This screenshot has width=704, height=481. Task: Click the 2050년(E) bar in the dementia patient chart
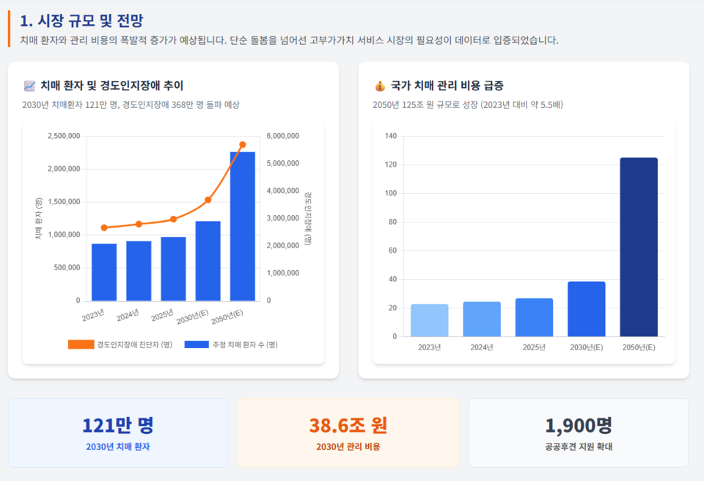pos(242,226)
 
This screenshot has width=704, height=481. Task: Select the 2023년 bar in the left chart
pos(104,272)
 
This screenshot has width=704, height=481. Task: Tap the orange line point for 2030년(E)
pos(208,200)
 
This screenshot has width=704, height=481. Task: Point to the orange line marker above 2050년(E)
pos(243,145)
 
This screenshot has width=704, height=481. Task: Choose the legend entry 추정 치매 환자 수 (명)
pos(231,344)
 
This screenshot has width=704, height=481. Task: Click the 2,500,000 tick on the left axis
pos(64,136)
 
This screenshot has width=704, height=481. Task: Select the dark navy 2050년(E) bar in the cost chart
pos(638,247)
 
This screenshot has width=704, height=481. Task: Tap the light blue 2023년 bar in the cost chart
pos(429,320)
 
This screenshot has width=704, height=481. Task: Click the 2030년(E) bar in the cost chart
pos(586,308)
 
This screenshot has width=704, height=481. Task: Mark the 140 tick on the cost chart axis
pos(389,136)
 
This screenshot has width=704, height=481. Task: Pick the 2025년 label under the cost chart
pos(534,347)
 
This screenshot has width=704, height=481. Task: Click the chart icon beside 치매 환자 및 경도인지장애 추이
pos(29,86)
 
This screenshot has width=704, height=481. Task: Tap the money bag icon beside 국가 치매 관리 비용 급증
pos(380,86)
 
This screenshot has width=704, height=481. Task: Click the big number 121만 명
pos(117,425)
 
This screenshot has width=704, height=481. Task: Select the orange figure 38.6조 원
pos(348,425)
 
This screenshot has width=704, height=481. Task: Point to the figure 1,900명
pos(578,425)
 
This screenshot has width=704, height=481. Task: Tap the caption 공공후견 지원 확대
pos(578,446)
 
